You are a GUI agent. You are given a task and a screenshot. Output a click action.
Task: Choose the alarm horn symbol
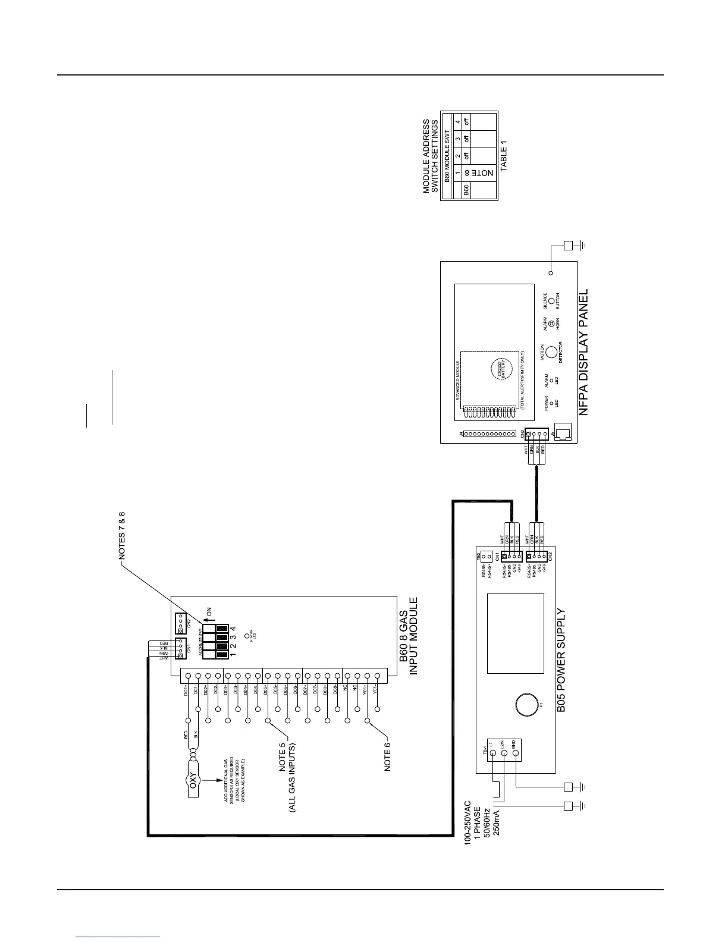(x=551, y=324)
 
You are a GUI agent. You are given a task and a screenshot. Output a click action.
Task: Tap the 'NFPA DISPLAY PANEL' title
(x=583, y=352)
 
